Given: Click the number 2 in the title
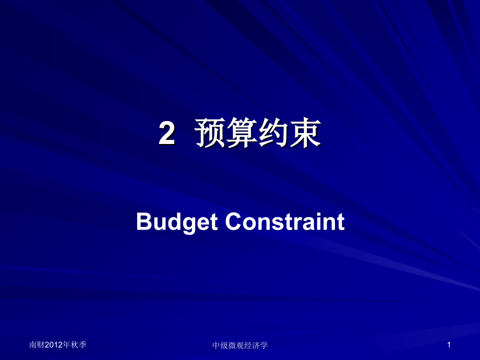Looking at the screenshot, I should [x=166, y=135].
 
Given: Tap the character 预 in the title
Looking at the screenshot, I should [x=210, y=135].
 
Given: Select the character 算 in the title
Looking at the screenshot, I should [x=242, y=135].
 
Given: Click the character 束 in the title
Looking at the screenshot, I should [x=305, y=135].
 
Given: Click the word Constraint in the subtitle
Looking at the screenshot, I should [x=285, y=222].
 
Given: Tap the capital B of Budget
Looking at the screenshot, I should [x=142, y=222].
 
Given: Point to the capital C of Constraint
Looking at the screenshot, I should [x=233, y=222].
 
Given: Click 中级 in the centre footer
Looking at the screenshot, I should [x=220, y=345].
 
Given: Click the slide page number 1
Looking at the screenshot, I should [x=448, y=345].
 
